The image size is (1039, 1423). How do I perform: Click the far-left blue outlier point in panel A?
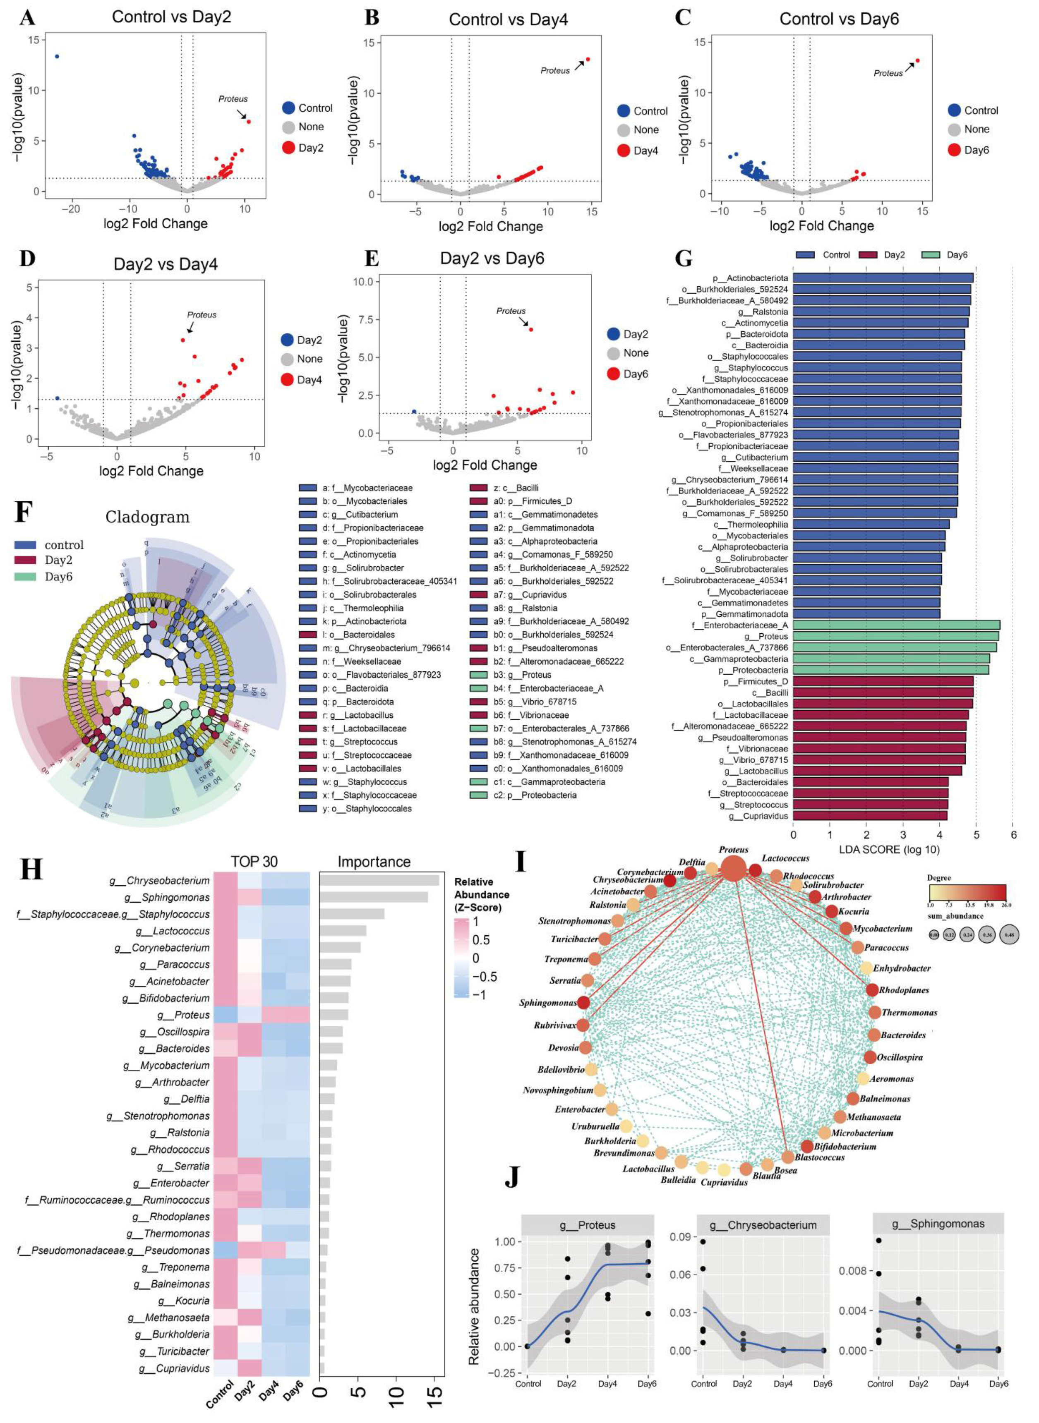pos(57,56)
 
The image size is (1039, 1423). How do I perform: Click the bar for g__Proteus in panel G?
pos(895,636)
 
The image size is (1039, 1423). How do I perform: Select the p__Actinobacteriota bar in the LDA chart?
pos(883,277)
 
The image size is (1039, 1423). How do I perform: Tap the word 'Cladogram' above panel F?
pos(147,517)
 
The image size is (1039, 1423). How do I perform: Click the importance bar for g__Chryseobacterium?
pos(379,880)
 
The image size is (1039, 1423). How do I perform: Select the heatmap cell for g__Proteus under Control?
pos(225,1015)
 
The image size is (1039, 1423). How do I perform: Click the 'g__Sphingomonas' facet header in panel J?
pos(938,1224)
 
